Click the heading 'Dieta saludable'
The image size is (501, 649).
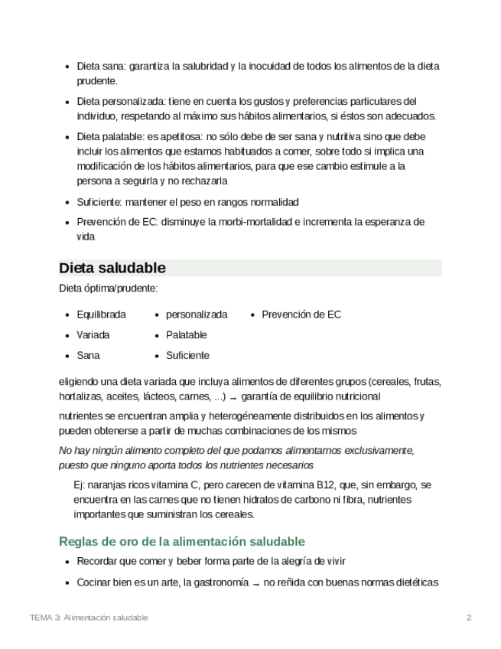click(112, 268)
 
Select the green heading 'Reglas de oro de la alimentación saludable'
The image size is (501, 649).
click(182, 541)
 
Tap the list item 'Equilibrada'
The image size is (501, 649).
click(101, 315)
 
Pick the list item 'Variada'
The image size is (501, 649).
click(93, 335)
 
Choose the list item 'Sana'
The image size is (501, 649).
click(88, 355)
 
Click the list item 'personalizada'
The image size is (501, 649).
click(197, 315)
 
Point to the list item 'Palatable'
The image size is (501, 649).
click(186, 335)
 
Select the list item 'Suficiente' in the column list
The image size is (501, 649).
click(187, 355)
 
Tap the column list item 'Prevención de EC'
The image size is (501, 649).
click(301, 315)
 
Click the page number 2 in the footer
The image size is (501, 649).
click(469, 617)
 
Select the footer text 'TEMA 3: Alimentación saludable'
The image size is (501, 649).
click(89, 617)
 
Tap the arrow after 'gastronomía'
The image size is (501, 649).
click(256, 583)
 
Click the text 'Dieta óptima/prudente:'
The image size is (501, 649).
click(109, 289)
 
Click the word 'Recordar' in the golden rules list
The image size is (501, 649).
click(96, 562)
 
